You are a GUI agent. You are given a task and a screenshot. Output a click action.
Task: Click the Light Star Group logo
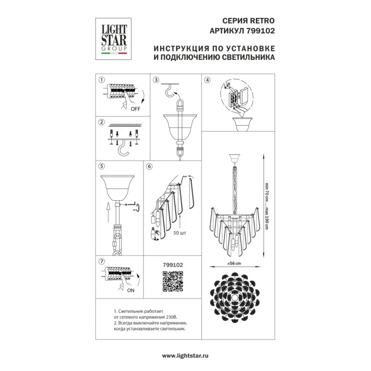pyautogui.click(x=113, y=39)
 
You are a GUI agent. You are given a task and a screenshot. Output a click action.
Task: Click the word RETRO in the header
pyautogui.click(x=262, y=21)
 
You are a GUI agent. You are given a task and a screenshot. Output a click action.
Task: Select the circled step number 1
pyautogui.click(x=102, y=80)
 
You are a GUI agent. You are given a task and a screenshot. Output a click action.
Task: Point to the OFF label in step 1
pyautogui.click(x=135, y=109)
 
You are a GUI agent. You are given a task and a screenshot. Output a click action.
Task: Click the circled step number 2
pyautogui.click(x=102, y=122)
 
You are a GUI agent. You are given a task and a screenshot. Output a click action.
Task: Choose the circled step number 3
pyautogui.click(x=156, y=80)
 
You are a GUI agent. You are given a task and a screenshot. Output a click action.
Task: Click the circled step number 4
pyautogui.click(x=208, y=80)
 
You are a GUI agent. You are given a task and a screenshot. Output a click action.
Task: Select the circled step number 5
pyautogui.click(x=102, y=166)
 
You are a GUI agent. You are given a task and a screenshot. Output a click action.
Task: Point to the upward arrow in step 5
pyautogui.click(x=108, y=212)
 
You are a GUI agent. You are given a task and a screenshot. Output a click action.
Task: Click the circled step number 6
pyautogui.click(x=149, y=166)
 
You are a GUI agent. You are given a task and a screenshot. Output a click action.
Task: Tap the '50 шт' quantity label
pyautogui.click(x=179, y=233)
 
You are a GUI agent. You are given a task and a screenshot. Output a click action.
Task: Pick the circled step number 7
pyautogui.click(x=102, y=262)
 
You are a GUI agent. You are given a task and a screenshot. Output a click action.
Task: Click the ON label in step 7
pyautogui.click(x=131, y=290)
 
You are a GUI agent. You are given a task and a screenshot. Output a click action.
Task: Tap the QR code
pyautogui.click(x=173, y=282)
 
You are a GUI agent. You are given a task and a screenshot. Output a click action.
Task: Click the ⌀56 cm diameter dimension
pyautogui.click(x=234, y=263)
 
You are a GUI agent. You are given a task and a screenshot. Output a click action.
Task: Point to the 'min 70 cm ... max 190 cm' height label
pyautogui.click(x=267, y=206)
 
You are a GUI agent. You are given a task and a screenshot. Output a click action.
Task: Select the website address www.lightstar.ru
pyautogui.click(x=185, y=356)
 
